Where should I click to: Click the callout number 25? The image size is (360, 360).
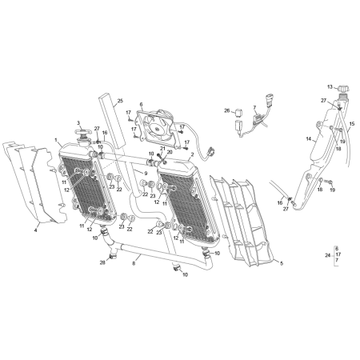pyautogui.click(x=120, y=101)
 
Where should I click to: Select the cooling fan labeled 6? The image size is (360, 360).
pyautogui.click(x=157, y=129)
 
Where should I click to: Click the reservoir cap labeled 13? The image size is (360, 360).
pyautogui.click(x=343, y=88)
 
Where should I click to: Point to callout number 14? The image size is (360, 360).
pyautogui.click(x=309, y=139)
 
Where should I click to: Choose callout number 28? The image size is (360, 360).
pyautogui.click(x=102, y=262)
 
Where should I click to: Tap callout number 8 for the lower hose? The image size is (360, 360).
pyautogui.click(x=134, y=263)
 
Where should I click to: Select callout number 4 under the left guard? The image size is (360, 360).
pyautogui.click(x=36, y=230)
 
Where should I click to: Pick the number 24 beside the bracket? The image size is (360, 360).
pyautogui.click(x=328, y=255)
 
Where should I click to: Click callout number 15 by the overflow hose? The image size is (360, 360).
pyautogui.click(x=352, y=124)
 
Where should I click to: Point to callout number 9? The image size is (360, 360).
pyautogui.click(x=146, y=174)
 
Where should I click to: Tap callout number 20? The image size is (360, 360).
pyautogui.click(x=170, y=152)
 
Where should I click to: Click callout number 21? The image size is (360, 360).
pyautogui.click(x=162, y=148)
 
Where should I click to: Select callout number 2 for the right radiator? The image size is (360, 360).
pyautogui.click(x=192, y=154)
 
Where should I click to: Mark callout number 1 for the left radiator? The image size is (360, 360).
pyautogui.click(x=56, y=140)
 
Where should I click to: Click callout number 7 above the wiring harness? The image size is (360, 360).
pyautogui.click(x=254, y=107)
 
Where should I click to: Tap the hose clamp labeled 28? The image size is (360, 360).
pyautogui.click(x=113, y=257)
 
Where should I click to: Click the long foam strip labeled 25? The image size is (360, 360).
pyautogui.click(x=112, y=121)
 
